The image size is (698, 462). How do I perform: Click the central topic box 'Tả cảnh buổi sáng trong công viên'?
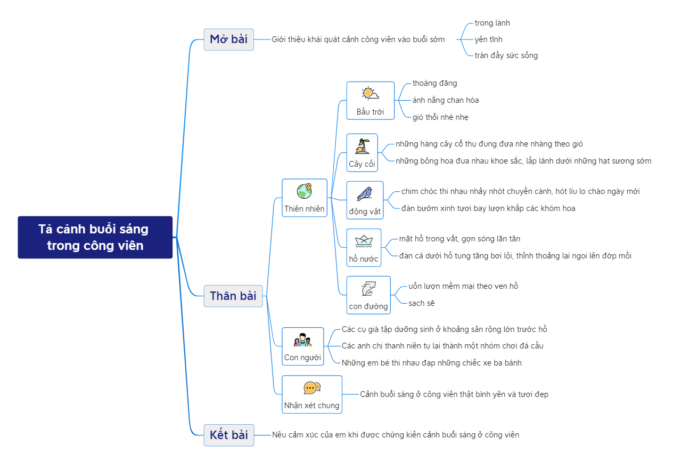tap(95, 237)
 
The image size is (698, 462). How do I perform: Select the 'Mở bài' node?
tap(228, 39)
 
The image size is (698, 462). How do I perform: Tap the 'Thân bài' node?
tap(233, 296)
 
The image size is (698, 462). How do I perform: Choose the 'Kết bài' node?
tap(228, 435)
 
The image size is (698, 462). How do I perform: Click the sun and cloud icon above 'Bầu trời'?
tap(370, 94)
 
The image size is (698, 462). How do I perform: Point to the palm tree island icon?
tap(362, 146)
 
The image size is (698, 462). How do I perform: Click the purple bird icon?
tap(365, 193)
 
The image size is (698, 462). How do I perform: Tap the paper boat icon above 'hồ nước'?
tap(364, 241)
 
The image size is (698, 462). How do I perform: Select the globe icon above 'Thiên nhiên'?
tap(305, 191)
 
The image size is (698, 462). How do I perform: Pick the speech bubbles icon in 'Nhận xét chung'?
tap(311, 388)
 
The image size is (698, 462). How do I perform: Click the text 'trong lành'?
tap(492, 23)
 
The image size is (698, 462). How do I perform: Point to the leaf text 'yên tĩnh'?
tap(488, 39)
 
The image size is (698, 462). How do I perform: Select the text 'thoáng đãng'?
tap(434, 83)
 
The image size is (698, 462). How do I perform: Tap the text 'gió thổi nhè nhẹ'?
tap(440, 117)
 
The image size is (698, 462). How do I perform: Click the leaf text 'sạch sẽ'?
tap(421, 303)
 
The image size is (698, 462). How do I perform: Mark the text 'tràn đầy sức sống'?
tap(506, 55)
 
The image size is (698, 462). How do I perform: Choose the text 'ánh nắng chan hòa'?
tap(445, 100)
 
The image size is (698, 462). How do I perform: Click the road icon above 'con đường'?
tap(368, 288)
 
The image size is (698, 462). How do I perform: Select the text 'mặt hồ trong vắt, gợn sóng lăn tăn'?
tap(459, 239)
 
